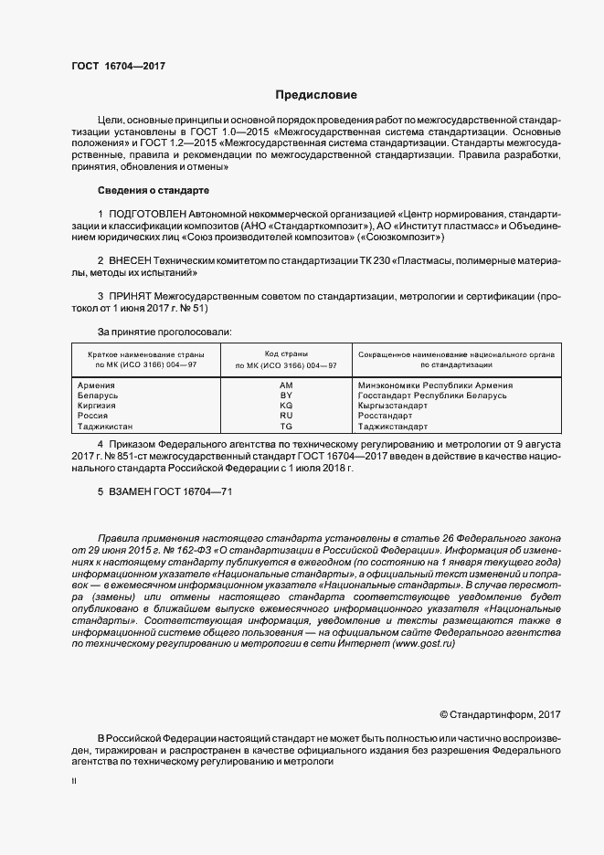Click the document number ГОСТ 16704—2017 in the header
(x=118, y=67)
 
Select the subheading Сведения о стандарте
(x=154, y=191)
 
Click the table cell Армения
(x=98, y=386)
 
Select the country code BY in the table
(x=286, y=396)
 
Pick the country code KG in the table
(x=286, y=406)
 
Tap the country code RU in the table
(x=286, y=416)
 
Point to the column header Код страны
(x=286, y=354)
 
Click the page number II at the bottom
(x=74, y=783)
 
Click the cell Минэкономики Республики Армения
(x=436, y=386)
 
